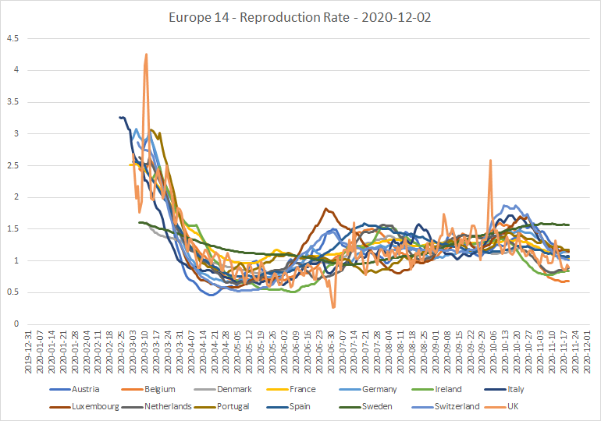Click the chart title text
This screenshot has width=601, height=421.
pyautogui.click(x=300, y=18)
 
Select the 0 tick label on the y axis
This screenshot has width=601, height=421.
pyautogui.click(x=16, y=324)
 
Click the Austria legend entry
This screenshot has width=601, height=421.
pyautogui.click(x=74, y=389)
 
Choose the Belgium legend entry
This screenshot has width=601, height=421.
pyautogui.click(x=148, y=389)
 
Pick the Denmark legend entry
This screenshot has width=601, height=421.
pyautogui.click(x=222, y=389)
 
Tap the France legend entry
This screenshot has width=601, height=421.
pyautogui.click(x=291, y=389)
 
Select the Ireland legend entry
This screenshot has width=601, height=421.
pyautogui.click(x=436, y=389)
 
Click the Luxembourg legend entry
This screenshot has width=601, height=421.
pyautogui.click(x=84, y=406)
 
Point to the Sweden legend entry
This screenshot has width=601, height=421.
pyautogui.click(x=365, y=406)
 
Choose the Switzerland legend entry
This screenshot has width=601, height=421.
pyautogui.click(x=446, y=406)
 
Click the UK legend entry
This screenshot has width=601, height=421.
pyautogui.click(x=501, y=406)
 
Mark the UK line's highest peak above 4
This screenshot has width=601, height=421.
pyautogui.click(x=146, y=55)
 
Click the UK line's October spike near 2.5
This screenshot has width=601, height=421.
pyautogui.click(x=491, y=161)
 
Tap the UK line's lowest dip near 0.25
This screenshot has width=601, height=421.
pyautogui.click(x=333, y=307)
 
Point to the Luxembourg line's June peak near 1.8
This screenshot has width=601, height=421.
pyautogui.click(x=325, y=209)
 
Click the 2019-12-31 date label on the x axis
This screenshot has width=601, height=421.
pyautogui.click(x=28, y=352)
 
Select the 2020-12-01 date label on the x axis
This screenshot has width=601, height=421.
pyautogui.click(x=587, y=352)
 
